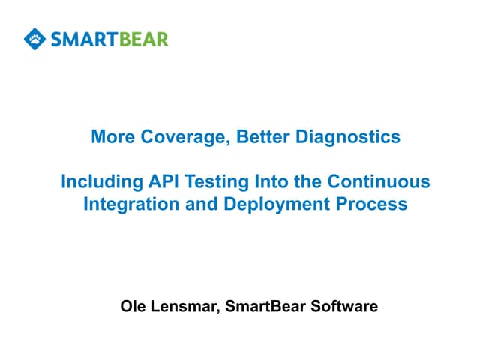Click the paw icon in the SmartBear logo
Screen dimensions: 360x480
34,37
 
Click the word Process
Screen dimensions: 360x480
371,204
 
